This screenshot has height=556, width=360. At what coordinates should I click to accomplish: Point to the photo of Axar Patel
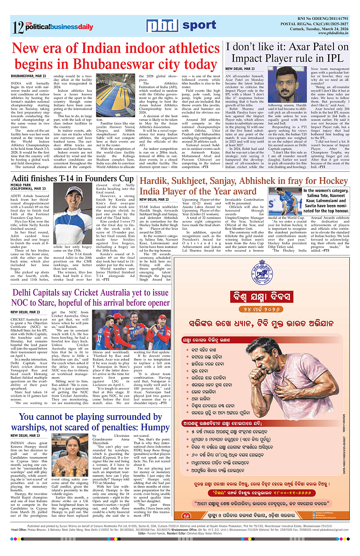point(287,85)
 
